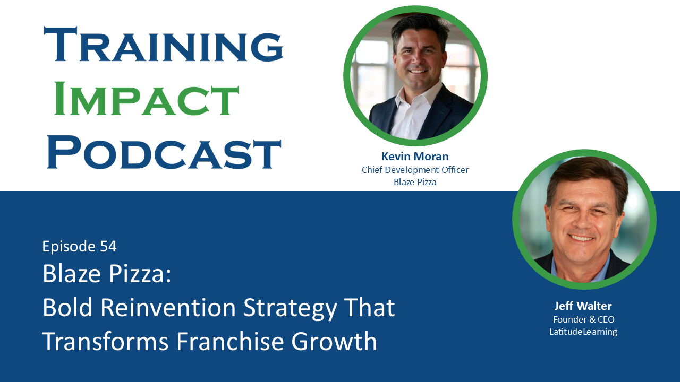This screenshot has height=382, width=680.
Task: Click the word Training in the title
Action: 164,45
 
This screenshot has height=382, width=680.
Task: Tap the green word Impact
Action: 146,98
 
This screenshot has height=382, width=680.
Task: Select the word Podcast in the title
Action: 164,152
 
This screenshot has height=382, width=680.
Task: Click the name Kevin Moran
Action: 415,157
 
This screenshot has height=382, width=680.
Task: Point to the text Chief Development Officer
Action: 415,170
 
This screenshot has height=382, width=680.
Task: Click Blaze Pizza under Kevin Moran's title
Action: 415,182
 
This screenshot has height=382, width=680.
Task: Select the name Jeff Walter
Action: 583,306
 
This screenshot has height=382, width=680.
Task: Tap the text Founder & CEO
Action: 583,319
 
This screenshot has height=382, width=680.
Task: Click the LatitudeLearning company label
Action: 583,332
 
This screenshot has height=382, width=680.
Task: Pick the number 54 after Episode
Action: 108,246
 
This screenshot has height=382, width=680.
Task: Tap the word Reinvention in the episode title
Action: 168,307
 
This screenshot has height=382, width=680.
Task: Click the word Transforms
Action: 105,341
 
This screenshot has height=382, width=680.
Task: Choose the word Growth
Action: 334,341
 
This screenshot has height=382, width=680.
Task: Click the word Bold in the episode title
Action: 67,307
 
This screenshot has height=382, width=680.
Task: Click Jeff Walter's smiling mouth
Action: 581,238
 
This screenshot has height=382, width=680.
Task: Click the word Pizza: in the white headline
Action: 140,273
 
